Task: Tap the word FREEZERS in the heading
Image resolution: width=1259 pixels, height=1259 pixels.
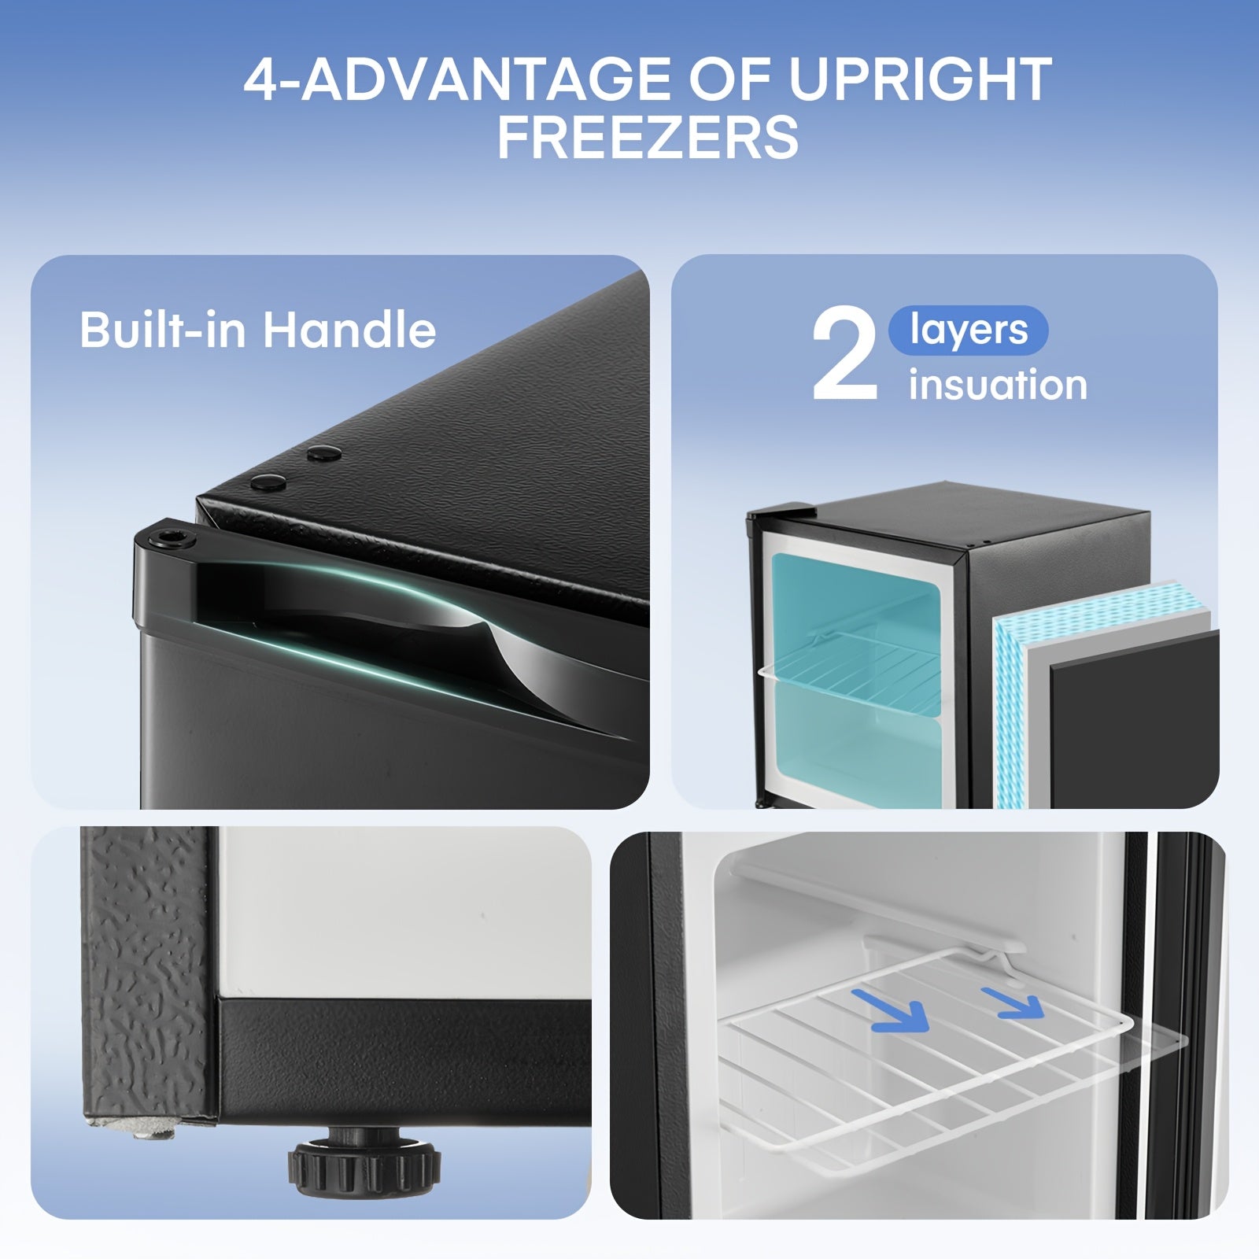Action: [648, 137]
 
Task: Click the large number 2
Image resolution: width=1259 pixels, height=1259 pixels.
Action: [845, 355]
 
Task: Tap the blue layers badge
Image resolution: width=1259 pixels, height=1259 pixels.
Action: [968, 330]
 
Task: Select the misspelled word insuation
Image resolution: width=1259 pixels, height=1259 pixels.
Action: [998, 385]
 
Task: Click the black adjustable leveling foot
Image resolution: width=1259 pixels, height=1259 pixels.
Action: [364, 1165]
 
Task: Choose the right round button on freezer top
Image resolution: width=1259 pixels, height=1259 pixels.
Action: [323, 453]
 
